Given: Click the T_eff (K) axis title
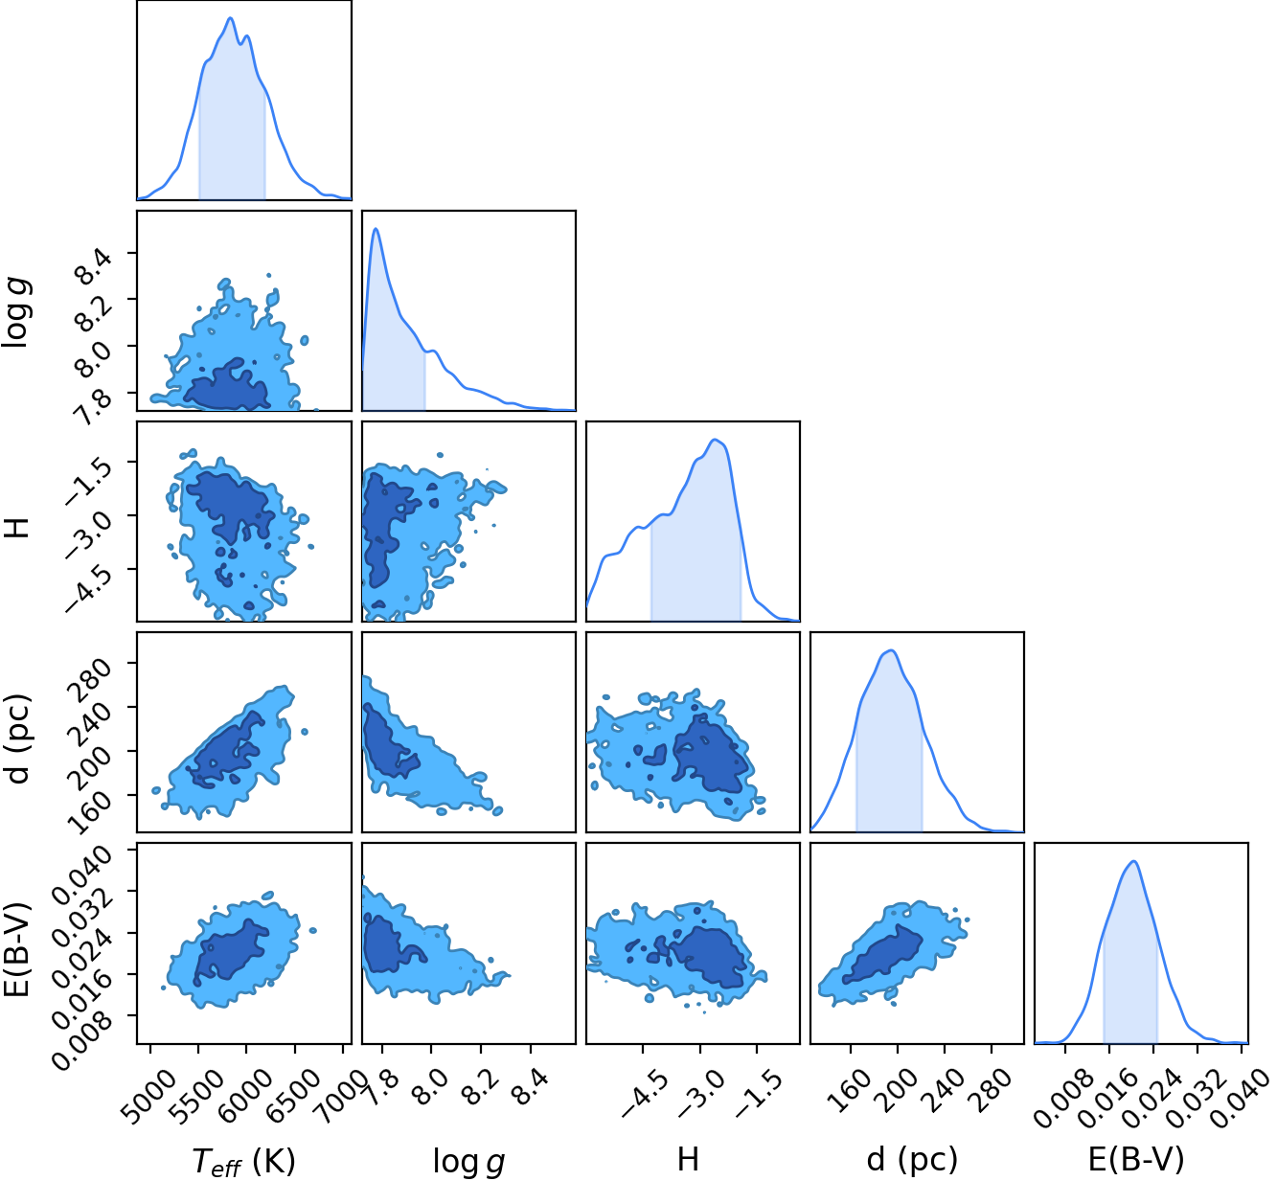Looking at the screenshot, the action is (x=243, y=1162).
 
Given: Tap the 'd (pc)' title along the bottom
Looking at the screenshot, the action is (x=912, y=1160).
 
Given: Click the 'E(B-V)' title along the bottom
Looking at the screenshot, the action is (x=1135, y=1160).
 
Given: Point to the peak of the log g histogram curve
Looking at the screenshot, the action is (x=376, y=228).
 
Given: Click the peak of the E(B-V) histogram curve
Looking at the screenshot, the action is (x=1134, y=861).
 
